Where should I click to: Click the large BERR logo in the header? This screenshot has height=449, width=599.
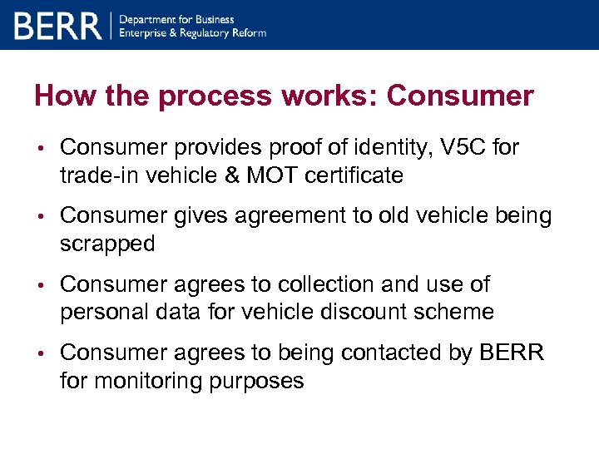tap(57, 26)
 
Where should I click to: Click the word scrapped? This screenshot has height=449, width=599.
tap(107, 244)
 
